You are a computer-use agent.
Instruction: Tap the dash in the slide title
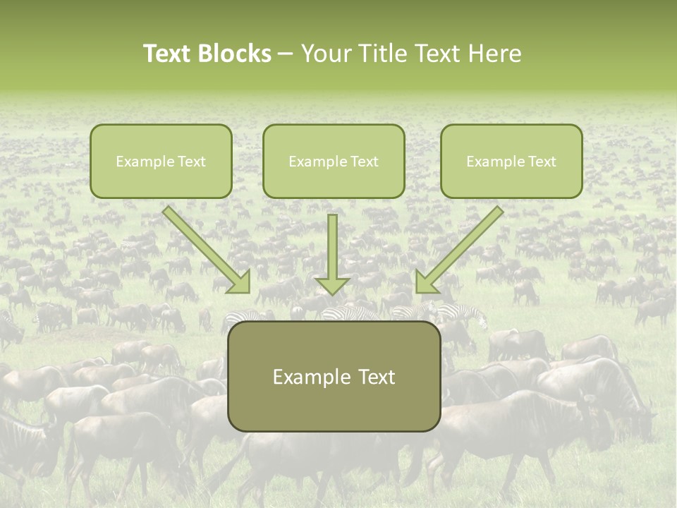tap(286, 54)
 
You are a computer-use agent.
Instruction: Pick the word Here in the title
tap(496, 54)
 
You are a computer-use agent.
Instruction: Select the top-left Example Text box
tap(161, 161)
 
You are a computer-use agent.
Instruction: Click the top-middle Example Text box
tap(334, 161)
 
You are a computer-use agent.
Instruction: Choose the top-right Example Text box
tap(511, 161)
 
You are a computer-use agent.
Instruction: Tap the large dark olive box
tap(334, 376)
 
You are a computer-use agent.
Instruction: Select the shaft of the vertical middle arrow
tap(332, 243)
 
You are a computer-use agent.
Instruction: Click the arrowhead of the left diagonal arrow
tap(240, 282)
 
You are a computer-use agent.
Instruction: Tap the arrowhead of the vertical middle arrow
tap(332, 285)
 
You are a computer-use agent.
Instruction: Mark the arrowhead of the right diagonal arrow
tap(426, 282)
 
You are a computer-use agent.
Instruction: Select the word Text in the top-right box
tap(542, 162)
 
